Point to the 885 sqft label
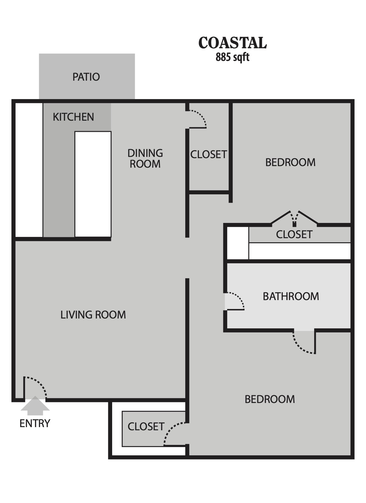(x=232, y=57)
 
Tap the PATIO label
(x=86, y=77)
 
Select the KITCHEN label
(x=73, y=117)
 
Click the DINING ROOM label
(x=145, y=158)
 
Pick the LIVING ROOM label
(x=93, y=315)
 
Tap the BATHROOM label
(x=291, y=296)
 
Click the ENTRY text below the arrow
(x=35, y=424)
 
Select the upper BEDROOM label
(x=290, y=162)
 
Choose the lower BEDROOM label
(x=270, y=399)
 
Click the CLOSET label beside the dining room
(x=208, y=155)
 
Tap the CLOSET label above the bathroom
(x=294, y=234)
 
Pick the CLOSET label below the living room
(x=146, y=427)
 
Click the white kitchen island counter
(x=93, y=184)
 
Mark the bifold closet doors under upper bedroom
(x=294, y=218)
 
